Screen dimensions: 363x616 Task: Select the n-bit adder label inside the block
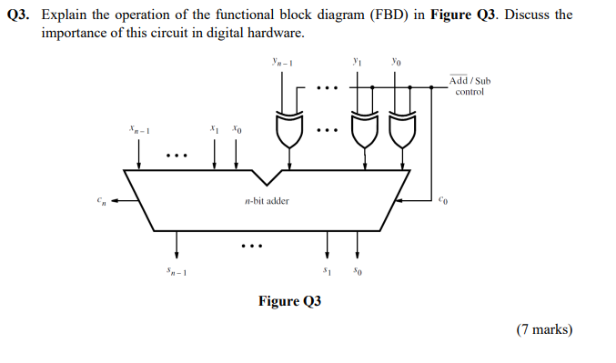click(x=267, y=200)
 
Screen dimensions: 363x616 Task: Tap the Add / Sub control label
click(x=470, y=86)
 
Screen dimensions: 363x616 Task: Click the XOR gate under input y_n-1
click(x=288, y=131)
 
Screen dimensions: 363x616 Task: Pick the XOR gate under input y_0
click(x=397, y=131)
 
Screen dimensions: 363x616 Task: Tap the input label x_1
click(x=214, y=130)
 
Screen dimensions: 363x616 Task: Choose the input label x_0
click(x=236, y=130)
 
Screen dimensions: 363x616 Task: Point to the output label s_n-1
click(x=177, y=270)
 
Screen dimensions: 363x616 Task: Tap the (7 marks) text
click(x=544, y=329)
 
